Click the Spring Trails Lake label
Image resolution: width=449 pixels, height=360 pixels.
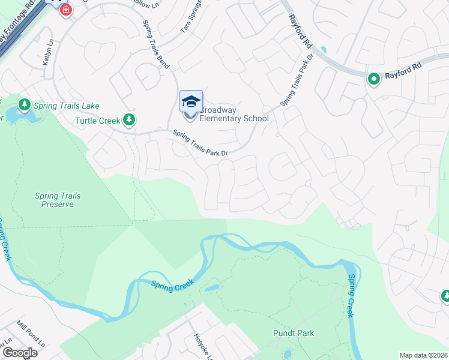click(x=66, y=106)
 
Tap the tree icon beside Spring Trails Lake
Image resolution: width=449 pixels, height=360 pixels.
click(x=25, y=106)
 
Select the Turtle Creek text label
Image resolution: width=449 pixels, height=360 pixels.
click(x=98, y=121)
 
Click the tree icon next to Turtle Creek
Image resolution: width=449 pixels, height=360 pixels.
click(x=128, y=120)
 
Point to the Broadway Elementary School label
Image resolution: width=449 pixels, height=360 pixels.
click(x=234, y=114)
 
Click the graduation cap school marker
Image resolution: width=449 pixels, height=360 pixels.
click(x=191, y=102)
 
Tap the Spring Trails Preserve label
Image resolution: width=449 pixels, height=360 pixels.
click(x=58, y=200)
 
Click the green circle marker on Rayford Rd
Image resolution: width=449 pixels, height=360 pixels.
click(x=373, y=79)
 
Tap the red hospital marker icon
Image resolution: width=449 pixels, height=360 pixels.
click(x=65, y=10)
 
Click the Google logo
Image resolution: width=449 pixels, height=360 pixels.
click(x=20, y=353)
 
